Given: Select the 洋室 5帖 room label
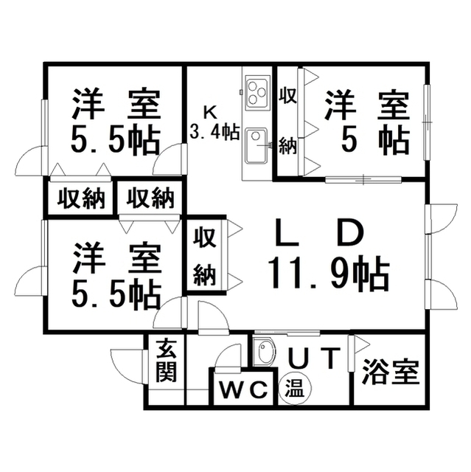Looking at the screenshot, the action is pos(367,122).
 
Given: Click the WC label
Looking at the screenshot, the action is pos(244,389).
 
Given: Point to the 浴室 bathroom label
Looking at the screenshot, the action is pos(391,372).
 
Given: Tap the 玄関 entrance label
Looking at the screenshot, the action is pos(167,361).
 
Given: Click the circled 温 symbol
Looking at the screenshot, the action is pos(295,389).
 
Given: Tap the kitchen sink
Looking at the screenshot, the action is pos(257,146).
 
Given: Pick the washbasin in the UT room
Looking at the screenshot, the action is pos(263,352).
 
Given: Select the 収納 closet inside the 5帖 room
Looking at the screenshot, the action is pos(288,122).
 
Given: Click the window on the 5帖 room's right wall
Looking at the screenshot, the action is pos(427,122).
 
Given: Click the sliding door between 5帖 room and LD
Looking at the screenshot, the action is pos(363,179).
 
